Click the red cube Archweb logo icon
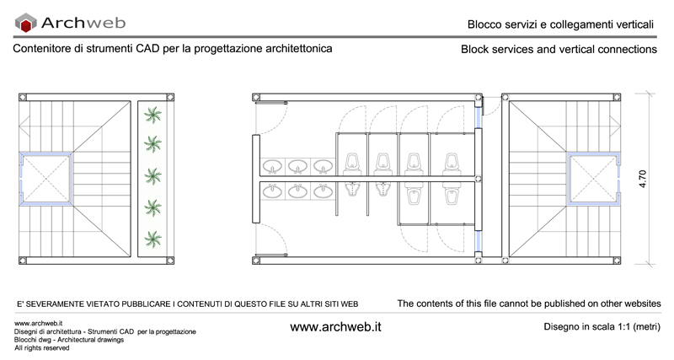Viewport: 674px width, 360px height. tap(26, 23)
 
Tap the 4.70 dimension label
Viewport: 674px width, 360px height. tap(642, 179)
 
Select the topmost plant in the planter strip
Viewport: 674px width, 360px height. tap(152, 115)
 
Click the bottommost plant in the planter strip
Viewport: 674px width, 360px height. tap(152, 239)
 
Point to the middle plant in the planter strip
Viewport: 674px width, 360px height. tap(152, 177)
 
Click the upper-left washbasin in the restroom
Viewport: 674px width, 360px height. tap(272, 166)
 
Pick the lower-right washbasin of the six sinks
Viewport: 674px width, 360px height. tap(323, 191)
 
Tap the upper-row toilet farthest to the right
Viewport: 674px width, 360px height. tap(452, 164)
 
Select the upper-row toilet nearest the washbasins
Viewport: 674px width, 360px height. tap(352, 164)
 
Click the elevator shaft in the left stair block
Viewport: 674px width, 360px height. tap(45, 178)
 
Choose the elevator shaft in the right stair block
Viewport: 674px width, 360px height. tap(593, 178)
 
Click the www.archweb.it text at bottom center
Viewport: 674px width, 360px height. tap(335, 327)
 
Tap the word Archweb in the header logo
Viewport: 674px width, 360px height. tap(83, 23)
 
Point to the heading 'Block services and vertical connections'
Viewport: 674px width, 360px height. tap(559, 49)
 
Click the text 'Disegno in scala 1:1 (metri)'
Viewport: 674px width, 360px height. tap(602, 326)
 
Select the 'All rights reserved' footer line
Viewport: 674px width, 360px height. tap(41, 348)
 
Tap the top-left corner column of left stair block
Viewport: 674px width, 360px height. tap(23, 97)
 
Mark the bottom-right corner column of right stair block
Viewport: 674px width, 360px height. tap(617, 261)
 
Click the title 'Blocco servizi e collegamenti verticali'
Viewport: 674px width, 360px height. tap(560, 24)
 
